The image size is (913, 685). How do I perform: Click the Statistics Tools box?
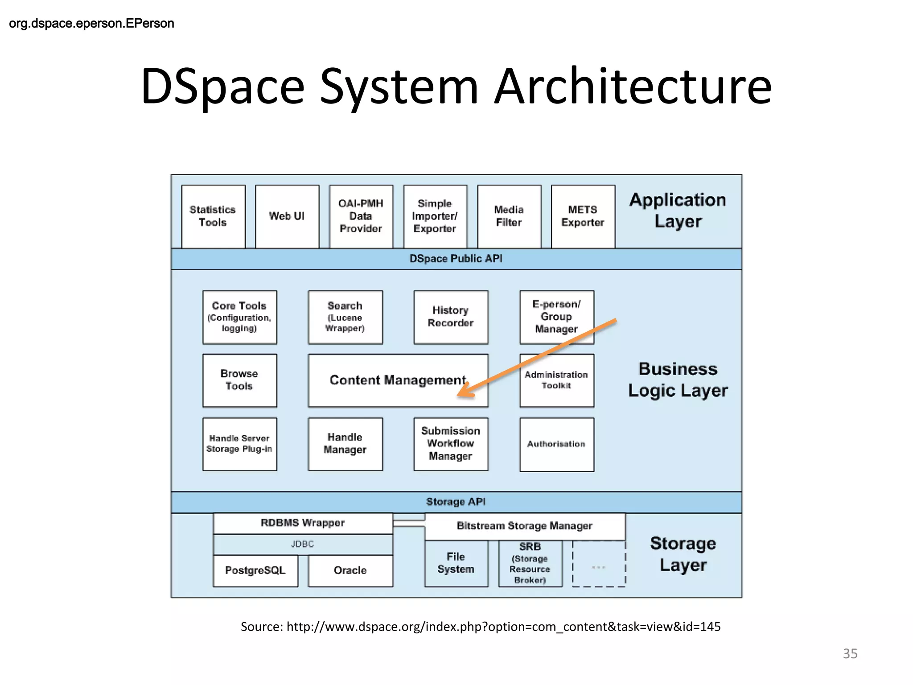[x=213, y=216]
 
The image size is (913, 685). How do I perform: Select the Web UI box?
[x=287, y=216]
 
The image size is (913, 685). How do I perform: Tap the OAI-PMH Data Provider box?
[x=361, y=216]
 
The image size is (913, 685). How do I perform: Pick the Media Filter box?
[x=509, y=216]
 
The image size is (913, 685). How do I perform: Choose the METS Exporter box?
[x=583, y=216]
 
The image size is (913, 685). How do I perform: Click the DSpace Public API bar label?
[x=456, y=259]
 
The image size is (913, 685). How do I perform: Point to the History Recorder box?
[x=451, y=317]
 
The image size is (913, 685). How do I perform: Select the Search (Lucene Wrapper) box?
[x=345, y=317]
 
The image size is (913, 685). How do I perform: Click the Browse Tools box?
[x=239, y=380]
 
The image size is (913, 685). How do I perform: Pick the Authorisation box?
[x=556, y=444]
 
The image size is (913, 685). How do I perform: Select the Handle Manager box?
[x=345, y=444]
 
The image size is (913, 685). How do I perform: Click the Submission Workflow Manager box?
[x=451, y=444]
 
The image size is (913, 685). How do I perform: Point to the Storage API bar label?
[x=456, y=502]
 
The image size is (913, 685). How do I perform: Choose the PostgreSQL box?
[x=255, y=570]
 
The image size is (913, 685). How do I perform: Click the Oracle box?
[x=350, y=570]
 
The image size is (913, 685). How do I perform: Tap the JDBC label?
[x=303, y=544]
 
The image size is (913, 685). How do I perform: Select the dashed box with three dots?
[x=599, y=564]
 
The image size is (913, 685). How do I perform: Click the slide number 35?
[x=850, y=653]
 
